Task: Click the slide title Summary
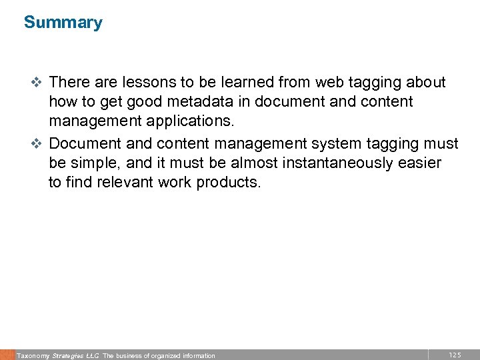tap(63, 23)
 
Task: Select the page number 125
tap(455, 355)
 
